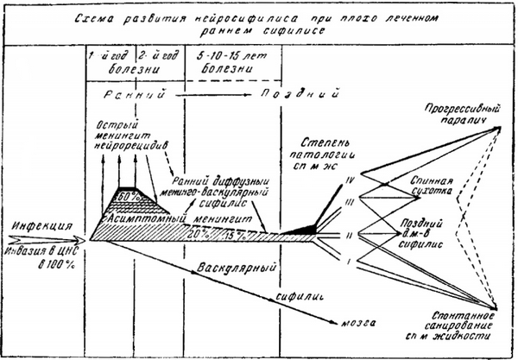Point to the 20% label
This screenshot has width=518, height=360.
coord(199,234)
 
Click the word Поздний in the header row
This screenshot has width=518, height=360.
coord(303,92)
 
